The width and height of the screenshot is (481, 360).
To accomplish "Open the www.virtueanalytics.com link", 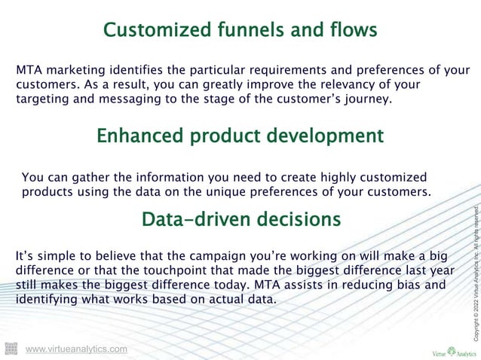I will [76, 349].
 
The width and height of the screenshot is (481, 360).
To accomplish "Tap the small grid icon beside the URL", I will [11, 348].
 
